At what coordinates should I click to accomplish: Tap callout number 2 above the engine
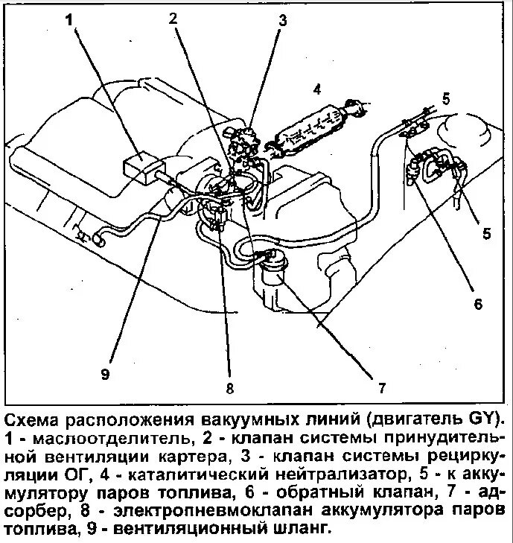coord(173,19)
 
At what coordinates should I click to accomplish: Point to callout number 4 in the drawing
coord(316,90)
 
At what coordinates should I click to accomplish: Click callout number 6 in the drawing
coord(478,303)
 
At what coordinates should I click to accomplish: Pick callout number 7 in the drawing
coord(380,387)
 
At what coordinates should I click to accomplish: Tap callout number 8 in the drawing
coord(230,388)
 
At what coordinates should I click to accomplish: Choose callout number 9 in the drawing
coord(105,373)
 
